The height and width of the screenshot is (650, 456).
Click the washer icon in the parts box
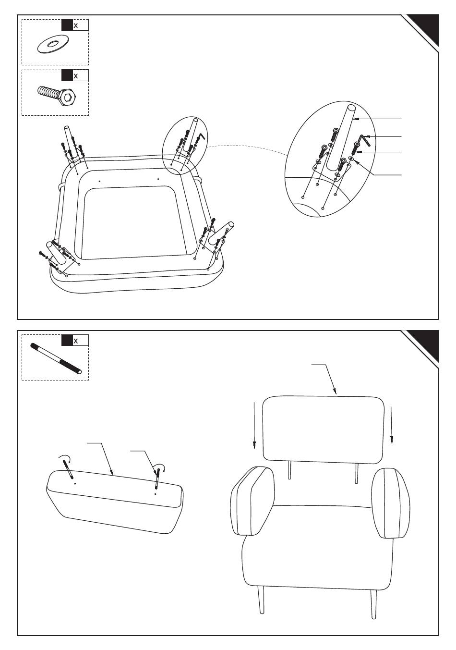52,45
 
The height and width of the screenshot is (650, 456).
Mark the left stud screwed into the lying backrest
69,468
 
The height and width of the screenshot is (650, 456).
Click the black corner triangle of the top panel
427,26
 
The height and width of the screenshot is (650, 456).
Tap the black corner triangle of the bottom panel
427,343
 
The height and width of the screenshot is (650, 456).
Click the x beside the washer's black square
75,25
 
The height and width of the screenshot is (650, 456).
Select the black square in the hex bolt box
67,75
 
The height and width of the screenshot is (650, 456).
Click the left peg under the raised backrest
289,471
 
